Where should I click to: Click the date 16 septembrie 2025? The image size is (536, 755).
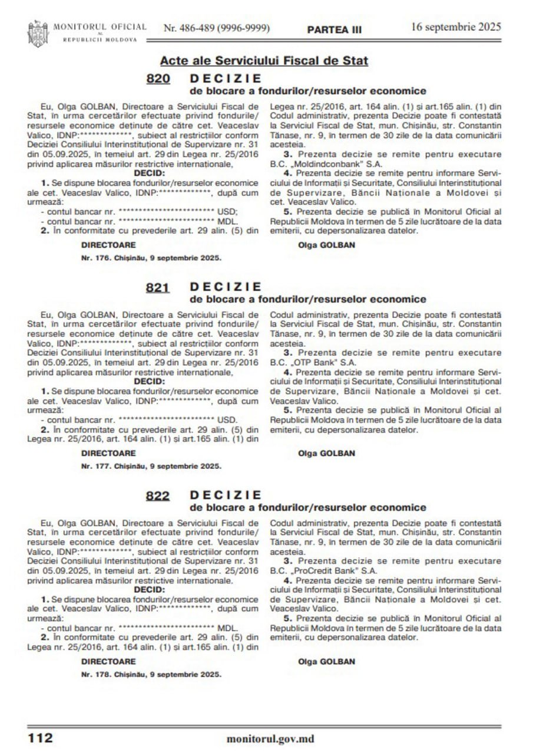(456, 27)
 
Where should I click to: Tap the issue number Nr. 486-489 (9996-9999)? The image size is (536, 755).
(216, 28)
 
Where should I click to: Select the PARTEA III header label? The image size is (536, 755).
(335, 29)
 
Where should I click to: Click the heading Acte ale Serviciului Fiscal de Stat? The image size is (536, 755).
(264, 61)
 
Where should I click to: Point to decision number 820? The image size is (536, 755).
(158, 79)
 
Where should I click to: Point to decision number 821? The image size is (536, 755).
(158, 288)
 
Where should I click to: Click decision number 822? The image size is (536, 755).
(158, 496)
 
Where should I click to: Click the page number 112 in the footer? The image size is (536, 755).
(39, 737)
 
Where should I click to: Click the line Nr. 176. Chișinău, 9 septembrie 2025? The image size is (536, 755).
(151, 258)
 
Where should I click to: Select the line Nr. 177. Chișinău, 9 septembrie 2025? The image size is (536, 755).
(151, 466)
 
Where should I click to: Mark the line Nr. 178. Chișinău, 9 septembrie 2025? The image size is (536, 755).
(151, 674)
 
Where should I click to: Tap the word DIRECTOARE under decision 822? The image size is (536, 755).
(108, 661)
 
